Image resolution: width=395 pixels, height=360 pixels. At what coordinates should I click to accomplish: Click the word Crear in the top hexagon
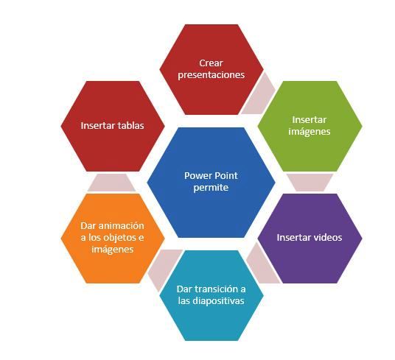click(x=211, y=63)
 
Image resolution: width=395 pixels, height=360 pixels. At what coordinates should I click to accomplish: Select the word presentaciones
click(x=211, y=75)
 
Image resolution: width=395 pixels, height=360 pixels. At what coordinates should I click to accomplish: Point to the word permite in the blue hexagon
click(x=211, y=188)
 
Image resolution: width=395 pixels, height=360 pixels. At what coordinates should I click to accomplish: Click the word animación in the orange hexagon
click(x=121, y=226)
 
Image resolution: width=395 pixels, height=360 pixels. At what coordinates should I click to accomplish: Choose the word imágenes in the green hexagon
click(x=310, y=132)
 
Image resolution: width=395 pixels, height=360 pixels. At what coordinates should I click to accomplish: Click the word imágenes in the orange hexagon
click(x=112, y=250)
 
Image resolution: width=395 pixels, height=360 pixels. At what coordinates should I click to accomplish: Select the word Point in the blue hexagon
click(x=226, y=176)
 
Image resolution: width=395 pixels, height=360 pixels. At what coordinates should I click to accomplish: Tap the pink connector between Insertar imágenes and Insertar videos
click(x=310, y=182)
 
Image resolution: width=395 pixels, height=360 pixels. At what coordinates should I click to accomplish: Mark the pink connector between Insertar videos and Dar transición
click(x=262, y=266)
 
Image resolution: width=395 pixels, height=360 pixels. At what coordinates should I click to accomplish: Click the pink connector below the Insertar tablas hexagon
click(x=111, y=183)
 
